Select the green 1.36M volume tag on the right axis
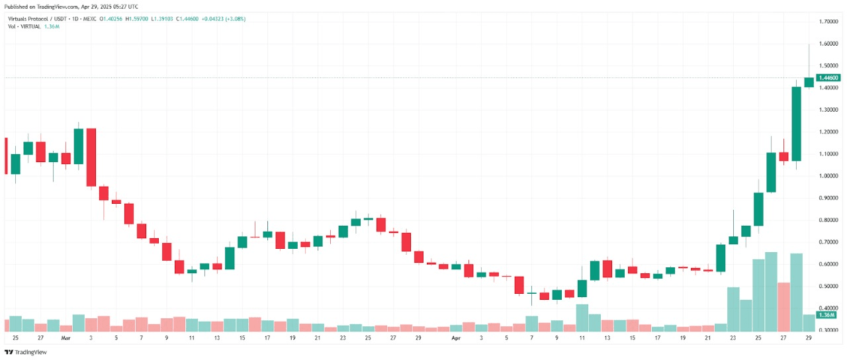[x=826, y=315]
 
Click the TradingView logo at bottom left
[x=26, y=351]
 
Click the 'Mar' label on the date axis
[x=66, y=337]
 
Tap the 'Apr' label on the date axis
[x=455, y=337]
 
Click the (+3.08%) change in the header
[x=234, y=19]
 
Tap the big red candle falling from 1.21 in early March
[x=91, y=157]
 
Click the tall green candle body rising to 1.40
[x=796, y=124]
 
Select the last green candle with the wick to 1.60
[x=809, y=82]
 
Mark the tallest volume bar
[x=771, y=291]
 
